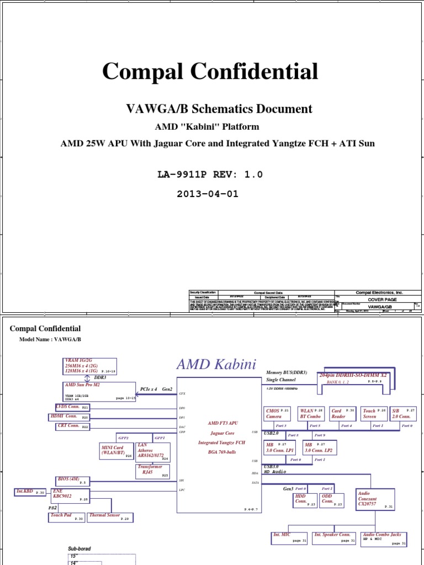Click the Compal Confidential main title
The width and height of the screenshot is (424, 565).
click(x=210, y=72)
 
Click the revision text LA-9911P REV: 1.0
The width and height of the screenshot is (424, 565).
click(x=210, y=175)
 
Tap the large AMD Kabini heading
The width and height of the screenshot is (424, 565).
click(x=216, y=365)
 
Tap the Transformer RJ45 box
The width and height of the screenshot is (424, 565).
click(x=153, y=470)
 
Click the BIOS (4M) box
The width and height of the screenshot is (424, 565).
click(x=72, y=480)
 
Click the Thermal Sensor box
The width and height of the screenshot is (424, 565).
click(x=110, y=517)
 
